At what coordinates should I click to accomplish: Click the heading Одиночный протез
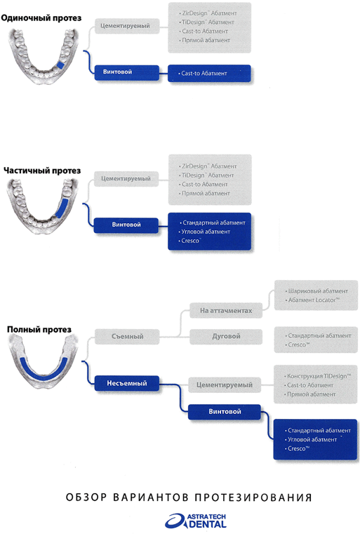[41, 18]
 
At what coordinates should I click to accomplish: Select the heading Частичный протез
[42, 171]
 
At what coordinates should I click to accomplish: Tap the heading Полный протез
[39, 330]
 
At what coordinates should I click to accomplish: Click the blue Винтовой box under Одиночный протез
[127, 72]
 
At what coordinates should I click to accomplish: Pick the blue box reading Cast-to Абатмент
[209, 73]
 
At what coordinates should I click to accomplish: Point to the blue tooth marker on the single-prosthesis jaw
[60, 65]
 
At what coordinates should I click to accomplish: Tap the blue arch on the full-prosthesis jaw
[43, 369]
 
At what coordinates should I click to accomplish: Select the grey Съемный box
[127, 337]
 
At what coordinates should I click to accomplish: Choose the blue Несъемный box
[127, 383]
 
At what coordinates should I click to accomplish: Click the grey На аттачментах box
[226, 311]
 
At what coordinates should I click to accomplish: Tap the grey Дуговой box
[226, 337]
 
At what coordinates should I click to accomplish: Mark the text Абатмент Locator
[314, 300]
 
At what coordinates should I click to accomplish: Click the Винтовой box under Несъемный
[225, 412]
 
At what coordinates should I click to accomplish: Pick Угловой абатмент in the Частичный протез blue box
[206, 232]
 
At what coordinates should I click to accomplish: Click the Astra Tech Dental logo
[196, 521]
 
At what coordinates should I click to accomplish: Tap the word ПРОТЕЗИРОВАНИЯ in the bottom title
[253, 498]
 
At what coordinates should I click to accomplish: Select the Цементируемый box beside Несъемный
[225, 385]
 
